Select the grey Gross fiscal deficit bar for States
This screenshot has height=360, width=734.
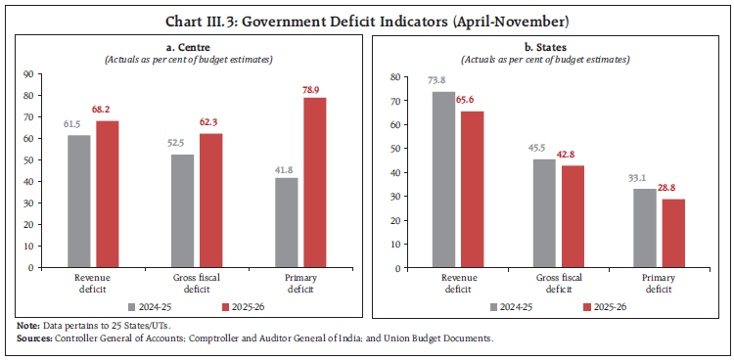[x=544, y=213]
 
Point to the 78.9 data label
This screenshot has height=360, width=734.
[x=314, y=88]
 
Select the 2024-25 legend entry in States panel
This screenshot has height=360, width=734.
[x=514, y=305]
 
